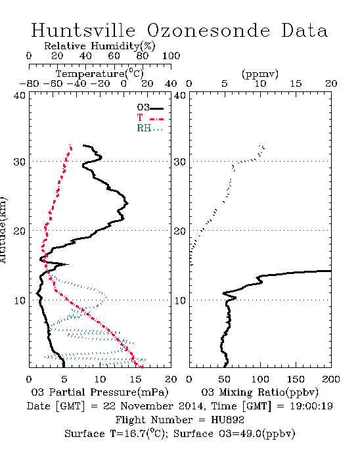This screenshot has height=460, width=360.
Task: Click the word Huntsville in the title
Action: (83, 30)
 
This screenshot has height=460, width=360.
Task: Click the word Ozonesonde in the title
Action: (208, 30)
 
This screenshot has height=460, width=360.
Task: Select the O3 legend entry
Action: (150, 108)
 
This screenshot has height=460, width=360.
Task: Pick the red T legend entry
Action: (150, 118)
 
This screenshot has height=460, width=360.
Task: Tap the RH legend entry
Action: (150, 128)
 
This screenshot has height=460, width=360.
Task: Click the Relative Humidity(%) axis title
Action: (100, 46)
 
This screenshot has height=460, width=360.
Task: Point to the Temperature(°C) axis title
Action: (100, 74)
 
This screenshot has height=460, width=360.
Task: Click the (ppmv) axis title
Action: (260, 74)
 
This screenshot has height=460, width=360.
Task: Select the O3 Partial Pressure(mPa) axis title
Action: (100, 392)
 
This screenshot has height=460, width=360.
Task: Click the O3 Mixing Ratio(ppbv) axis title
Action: (259, 392)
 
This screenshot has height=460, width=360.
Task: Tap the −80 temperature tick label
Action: (29, 83)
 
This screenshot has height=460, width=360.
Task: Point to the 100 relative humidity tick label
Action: (171, 56)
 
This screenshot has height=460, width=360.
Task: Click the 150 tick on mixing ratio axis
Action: (296, 379)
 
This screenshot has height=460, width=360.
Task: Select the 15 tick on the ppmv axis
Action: (296, 83)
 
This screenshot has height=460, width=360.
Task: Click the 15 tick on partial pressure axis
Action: (135, 379)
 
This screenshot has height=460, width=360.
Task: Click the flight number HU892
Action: (227, 420)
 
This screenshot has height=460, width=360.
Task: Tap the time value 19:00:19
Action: (311, 406)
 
